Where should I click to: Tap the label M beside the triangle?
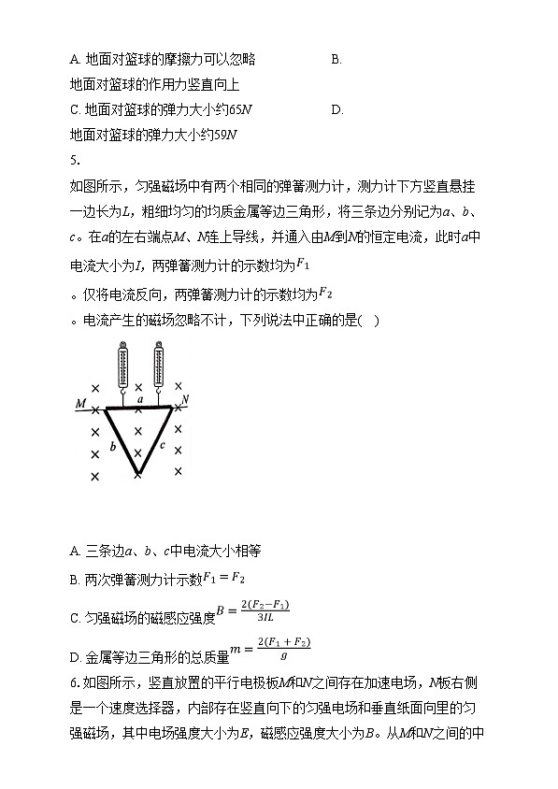click(x=81, y=404)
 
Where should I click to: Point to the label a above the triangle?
click(x=139, y=399)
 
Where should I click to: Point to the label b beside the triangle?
click(x=112, y=447)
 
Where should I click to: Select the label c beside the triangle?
click(x=162, y=445)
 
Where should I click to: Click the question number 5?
click(x=76, y=158)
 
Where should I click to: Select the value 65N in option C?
click(x=241, y=109)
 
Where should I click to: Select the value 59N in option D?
click(x=225, y=134)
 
